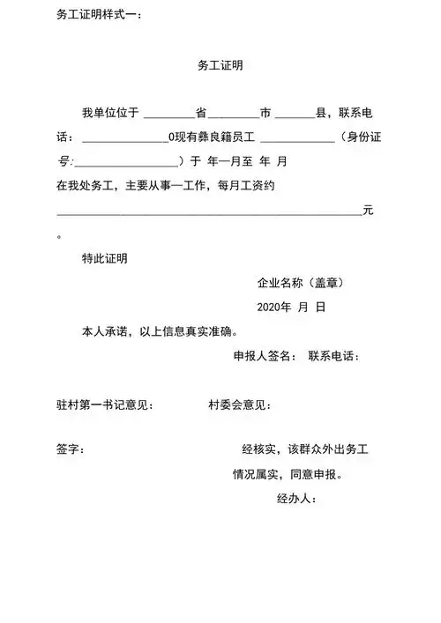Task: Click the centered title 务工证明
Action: (220, 66)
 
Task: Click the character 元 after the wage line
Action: (369, 211)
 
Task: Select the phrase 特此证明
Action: (105, 259)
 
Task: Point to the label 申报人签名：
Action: (262, 356)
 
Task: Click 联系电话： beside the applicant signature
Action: (334, 356)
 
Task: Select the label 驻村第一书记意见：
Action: (105, 404)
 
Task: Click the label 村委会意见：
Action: (238, 404)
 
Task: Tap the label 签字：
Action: (70, 449)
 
